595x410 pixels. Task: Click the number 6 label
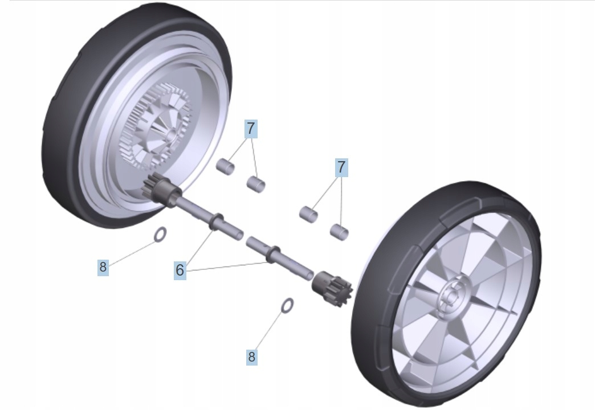(x=180, y=270)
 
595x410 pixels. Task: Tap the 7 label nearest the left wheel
(x=251, y=129)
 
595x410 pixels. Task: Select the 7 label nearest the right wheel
(x=341, y=167)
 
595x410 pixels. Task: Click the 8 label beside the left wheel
(x=103, y=266)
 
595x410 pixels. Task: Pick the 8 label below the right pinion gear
(x=251, y=357)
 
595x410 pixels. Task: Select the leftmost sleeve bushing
(x=225, y=167)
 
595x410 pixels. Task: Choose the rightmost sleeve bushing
(x=340, y=231)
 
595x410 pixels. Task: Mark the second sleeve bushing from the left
(x=256, y=183)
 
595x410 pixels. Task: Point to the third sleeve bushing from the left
(x=308, y=214)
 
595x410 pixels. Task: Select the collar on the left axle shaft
(x=217, y=222)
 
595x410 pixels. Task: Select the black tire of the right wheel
(x=376, y=342)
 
